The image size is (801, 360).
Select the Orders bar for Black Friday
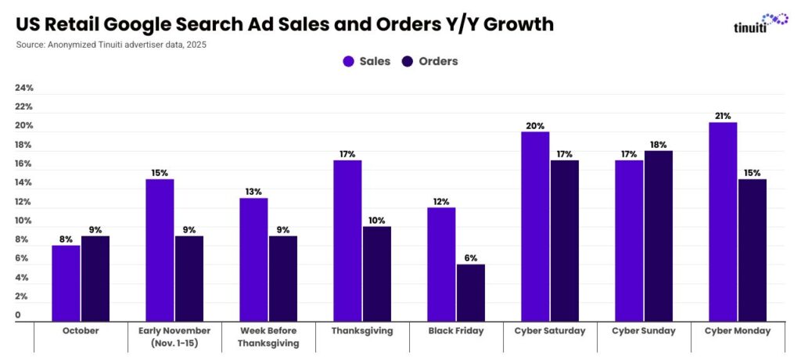pos(471,293)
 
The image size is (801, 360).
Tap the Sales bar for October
pos(66,283)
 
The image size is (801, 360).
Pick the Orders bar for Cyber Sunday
pos(658,236)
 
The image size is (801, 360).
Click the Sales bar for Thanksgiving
pos(347,240)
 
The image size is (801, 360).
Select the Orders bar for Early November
pos(189,278)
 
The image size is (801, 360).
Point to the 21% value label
pos(723,116)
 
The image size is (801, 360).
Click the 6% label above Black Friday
pos(471,257)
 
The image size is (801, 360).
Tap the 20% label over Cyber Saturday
pos(535,125)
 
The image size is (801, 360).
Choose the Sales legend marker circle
pos(348,61)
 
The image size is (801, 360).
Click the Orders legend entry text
pos(438,61)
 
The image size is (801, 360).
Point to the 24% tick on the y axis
pos(23,88)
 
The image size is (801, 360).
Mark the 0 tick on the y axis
pos(18,315)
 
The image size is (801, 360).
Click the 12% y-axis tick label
pos(23,202)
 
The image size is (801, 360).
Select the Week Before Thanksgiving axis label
pos(268,337)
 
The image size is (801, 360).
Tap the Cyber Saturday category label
pos(550,331)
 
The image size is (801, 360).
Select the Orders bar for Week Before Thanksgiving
pos(282,278)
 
